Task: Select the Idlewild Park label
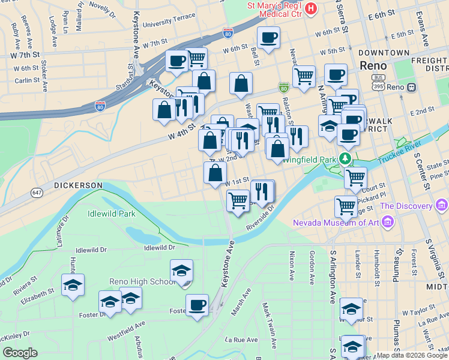[x=111, y=213]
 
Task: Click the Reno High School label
[x=142, y=281]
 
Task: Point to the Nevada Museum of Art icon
[x=387, y=223]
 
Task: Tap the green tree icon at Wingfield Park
[x=345, y=159]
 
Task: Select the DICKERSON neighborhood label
[x=78, y=185]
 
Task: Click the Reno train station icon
[x=412, y=87]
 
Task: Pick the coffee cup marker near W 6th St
[x=268, y=38]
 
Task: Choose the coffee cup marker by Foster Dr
[x=196, y=305]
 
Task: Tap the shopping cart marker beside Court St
[x=355, y=178]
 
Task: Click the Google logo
[x=20, y=353]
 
